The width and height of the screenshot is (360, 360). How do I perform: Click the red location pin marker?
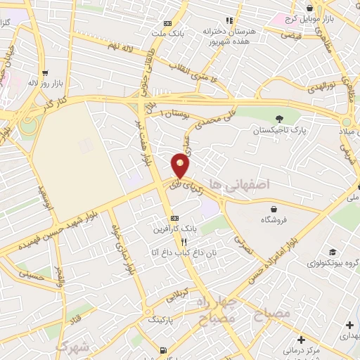point(181,165)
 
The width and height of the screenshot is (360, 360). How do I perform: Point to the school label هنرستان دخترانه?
point(227,32)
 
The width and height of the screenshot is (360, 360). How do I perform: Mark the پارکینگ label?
point(164,319)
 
